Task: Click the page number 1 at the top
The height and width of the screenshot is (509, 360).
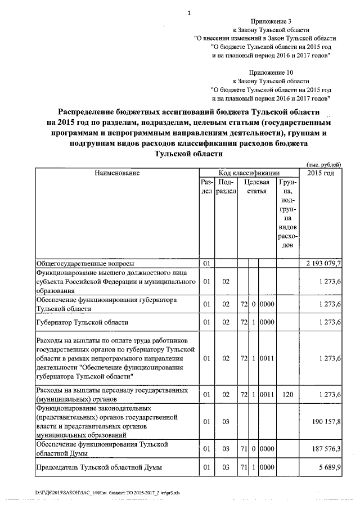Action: (190, 13)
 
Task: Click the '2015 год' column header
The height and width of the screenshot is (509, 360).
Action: (321, 173)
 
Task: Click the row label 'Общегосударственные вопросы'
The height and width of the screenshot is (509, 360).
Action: (85, 263)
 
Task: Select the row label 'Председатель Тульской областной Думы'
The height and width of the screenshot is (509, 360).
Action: (98, 467)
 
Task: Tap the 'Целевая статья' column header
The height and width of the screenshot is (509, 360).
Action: (257, 187)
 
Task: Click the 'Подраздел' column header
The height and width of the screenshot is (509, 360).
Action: (226, 187)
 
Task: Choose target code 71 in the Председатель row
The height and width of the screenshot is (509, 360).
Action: (244, 467)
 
